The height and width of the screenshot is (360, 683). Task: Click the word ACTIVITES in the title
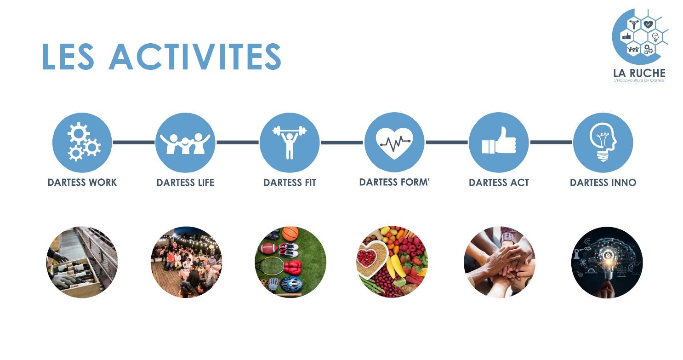tap(195, 57)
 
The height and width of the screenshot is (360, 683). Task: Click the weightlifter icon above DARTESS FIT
tap(290, 143)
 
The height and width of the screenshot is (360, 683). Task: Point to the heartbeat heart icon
tap(394, 142)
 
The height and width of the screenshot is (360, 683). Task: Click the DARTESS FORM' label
tap(394, 182)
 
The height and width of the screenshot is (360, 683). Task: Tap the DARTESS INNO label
tap(603, 183)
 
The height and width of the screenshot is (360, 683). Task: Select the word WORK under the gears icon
tap(103, 183)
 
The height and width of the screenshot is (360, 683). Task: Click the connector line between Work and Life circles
tap(134, 142)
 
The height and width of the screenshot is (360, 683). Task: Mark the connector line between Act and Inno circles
tap(551, 142)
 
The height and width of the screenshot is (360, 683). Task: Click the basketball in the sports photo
tap(290, 234)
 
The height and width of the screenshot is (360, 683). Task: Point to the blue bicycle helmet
tap(291, 284)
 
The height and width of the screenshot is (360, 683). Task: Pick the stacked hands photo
tap(499, 262)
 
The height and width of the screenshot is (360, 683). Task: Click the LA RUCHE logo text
tap(639, 73)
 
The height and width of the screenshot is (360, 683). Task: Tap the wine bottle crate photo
tap(82, 262)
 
